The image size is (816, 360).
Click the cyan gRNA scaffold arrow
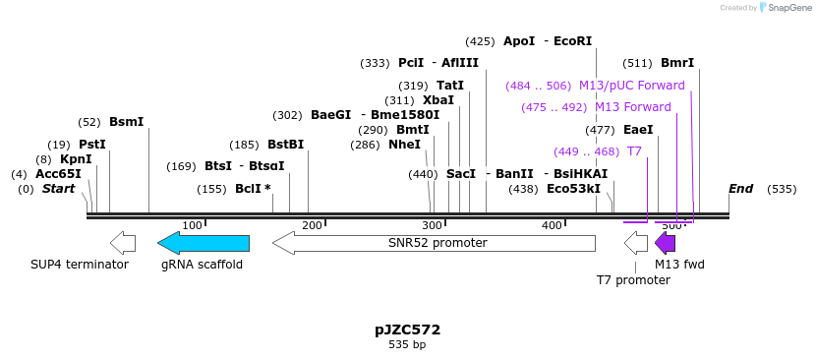point(203,243)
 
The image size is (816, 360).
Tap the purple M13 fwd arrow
point(666,243)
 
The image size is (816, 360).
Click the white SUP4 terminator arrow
point(123,243)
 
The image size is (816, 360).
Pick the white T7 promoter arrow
point(636,243)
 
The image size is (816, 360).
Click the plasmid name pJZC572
point(407,330)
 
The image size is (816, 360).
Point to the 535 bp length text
point(407,345)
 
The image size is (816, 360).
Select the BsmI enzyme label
point(126,122)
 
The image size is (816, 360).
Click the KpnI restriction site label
point(76,159)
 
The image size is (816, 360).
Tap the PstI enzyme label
point(92,145)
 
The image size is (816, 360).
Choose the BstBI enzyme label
point(285,145)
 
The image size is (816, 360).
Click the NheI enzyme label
point(404,145)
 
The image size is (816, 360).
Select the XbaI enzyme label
point(437,100)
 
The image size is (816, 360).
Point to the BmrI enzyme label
point(676,63)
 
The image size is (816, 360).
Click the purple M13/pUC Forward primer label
point(631,86)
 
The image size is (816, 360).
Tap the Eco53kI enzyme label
point(573,189)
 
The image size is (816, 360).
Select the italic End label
point(740,189)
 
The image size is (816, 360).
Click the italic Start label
point(58,189)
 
